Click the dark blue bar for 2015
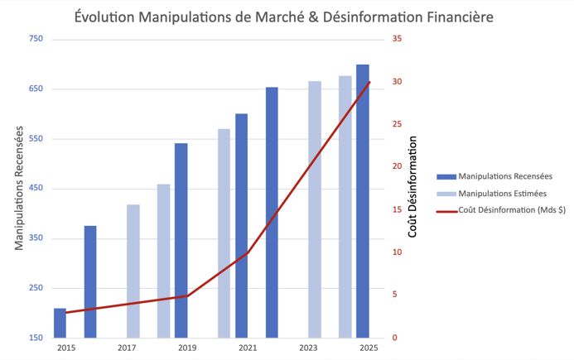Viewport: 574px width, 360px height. (60, 323)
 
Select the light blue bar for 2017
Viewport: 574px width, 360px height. (133, 271)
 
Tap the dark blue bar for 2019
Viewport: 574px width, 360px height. (181, 240)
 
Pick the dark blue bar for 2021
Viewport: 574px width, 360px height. (241, 225)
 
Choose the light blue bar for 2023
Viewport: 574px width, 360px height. (315, 209)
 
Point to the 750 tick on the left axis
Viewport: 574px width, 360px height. (36, 39)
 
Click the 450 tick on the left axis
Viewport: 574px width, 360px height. (36, 189)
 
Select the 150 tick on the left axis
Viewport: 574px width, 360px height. (36, 338)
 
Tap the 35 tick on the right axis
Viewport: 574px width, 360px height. (397, 39)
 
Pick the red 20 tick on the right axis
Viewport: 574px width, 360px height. (397, 167)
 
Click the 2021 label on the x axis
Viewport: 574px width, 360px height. (248, 348)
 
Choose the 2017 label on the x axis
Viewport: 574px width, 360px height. (127, 348)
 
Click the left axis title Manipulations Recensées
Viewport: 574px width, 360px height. (19, 189)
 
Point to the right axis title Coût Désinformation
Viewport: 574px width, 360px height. (412, 189)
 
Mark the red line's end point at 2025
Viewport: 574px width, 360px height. (369, 83)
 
